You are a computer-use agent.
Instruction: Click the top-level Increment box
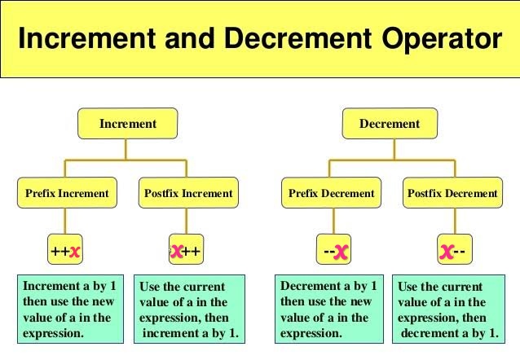127,124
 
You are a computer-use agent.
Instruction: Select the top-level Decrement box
390,124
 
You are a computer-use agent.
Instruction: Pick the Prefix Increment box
66,193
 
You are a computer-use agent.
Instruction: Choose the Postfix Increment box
188,193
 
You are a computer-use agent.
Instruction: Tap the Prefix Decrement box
331,193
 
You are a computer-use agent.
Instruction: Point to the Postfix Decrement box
452,193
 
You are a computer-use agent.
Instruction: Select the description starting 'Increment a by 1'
69,310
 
